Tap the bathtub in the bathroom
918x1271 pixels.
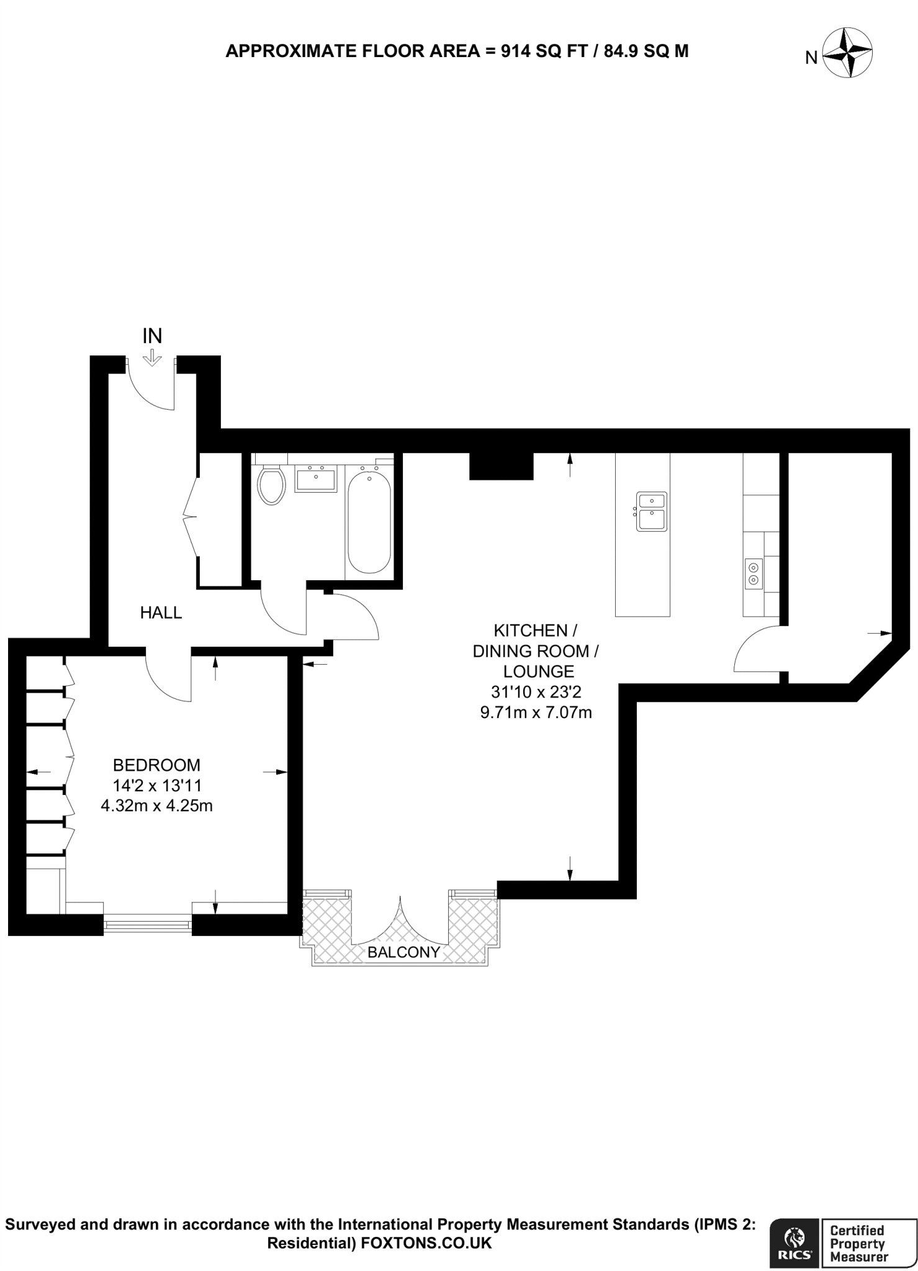point(369,521)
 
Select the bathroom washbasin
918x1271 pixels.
point(315,480)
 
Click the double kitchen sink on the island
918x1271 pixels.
point(651,511)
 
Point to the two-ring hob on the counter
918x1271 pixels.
point(754,573)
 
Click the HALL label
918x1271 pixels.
point(161,613)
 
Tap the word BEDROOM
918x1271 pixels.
point(156,765)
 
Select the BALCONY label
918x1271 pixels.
point(403,952)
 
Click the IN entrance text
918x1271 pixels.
point(152,336)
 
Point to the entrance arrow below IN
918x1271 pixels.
point(151,358)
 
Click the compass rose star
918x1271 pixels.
point(847,53)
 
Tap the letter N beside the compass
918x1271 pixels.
point(811,58)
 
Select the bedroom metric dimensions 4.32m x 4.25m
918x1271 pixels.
point(156,806)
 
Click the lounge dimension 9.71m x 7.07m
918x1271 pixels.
point(536,712)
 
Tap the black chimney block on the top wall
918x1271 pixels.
point(501,466)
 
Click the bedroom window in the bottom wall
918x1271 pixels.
point(147,925)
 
